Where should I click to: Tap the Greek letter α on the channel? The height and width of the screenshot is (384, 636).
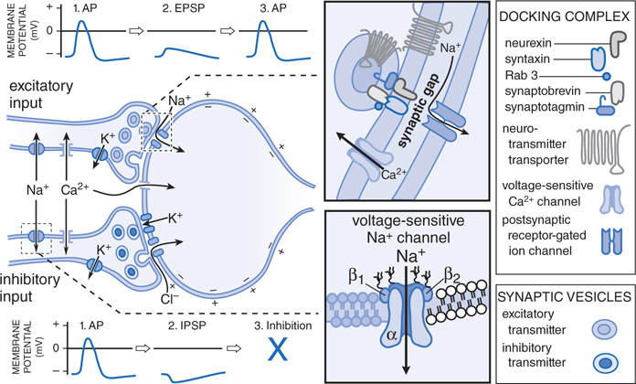pyautogui.click(x=387, y=338)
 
